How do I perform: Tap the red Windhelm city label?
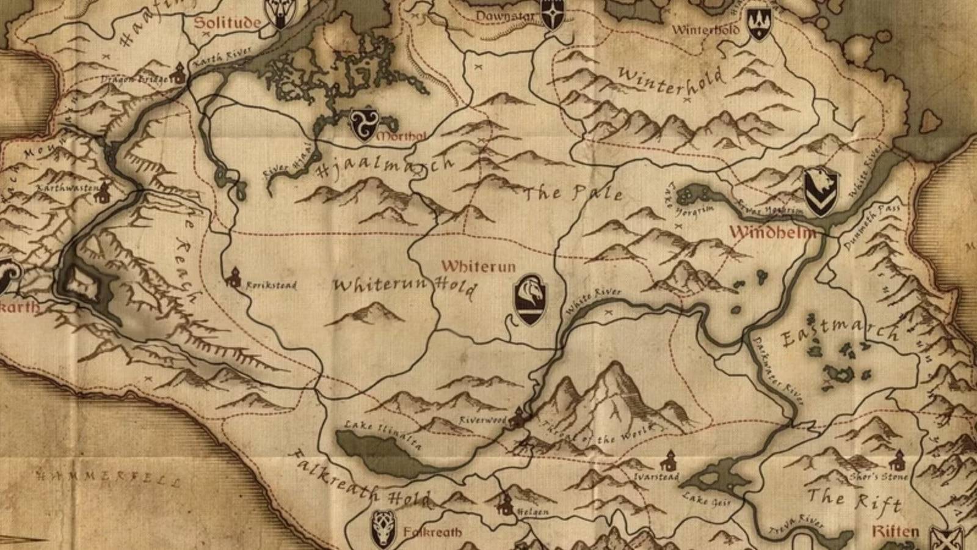773,233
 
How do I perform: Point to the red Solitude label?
228,23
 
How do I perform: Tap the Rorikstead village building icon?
233,279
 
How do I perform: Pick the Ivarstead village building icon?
670,460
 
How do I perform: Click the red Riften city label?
895,531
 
